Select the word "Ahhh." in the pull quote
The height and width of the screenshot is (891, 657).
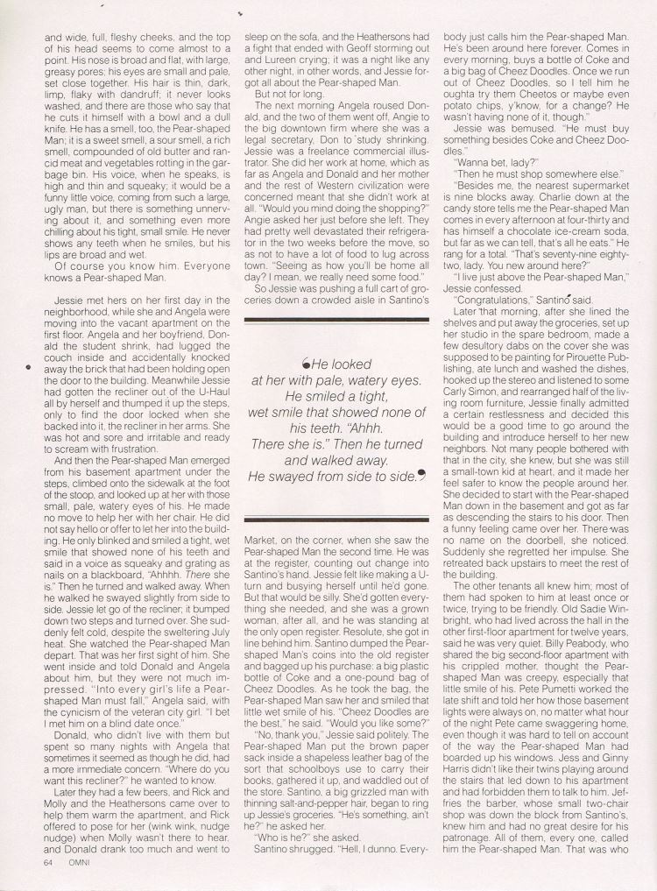[x=382, y=420]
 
